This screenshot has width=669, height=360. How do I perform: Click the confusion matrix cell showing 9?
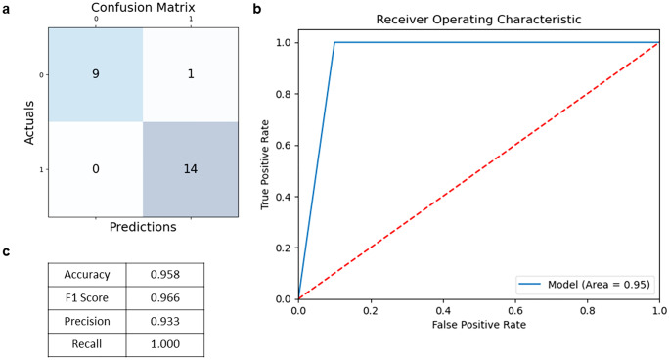96,73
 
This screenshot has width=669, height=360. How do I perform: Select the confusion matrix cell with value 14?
189,168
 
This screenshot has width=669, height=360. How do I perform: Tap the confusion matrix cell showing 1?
189,73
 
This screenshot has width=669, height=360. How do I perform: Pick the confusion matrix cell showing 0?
96,168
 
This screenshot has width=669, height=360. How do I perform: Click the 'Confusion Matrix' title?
142,8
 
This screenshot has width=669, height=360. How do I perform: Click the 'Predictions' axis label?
142,227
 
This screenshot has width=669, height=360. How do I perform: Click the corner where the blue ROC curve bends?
334,42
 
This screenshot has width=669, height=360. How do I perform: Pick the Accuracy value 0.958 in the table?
172,275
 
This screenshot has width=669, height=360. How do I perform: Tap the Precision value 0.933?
172,322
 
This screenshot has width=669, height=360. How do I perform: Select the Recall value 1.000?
172,345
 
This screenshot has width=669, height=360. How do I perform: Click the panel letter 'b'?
256,9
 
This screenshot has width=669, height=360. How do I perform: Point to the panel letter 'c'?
7,251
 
